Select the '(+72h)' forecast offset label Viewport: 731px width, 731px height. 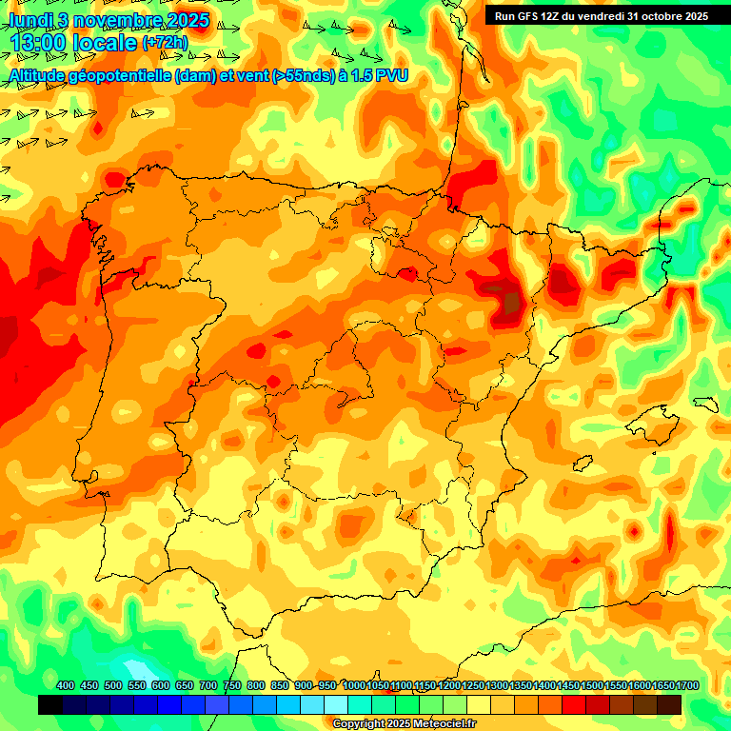pos(165,43)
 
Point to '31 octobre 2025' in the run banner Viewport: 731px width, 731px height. pos(667,16)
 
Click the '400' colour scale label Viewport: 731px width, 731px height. pos(66,686)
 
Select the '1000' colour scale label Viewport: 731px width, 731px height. pos(354,686)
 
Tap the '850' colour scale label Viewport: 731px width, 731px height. pos(280,686)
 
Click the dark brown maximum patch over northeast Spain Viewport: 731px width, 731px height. pos(513,304)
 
